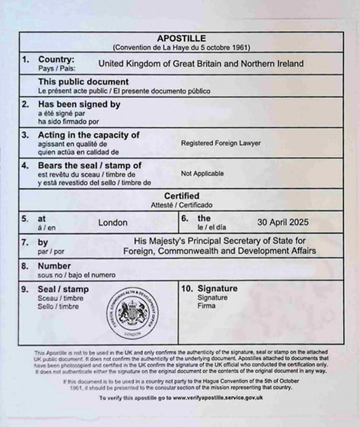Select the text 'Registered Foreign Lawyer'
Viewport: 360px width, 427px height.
pos(221,143)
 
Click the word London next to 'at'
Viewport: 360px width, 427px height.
pos(113,223)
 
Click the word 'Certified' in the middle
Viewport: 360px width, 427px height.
pos(181,196)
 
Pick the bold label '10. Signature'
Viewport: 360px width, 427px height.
pos(208,288)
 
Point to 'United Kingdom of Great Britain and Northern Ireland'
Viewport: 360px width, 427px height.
pos(201,63)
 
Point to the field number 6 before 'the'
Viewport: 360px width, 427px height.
pos(184,217)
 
